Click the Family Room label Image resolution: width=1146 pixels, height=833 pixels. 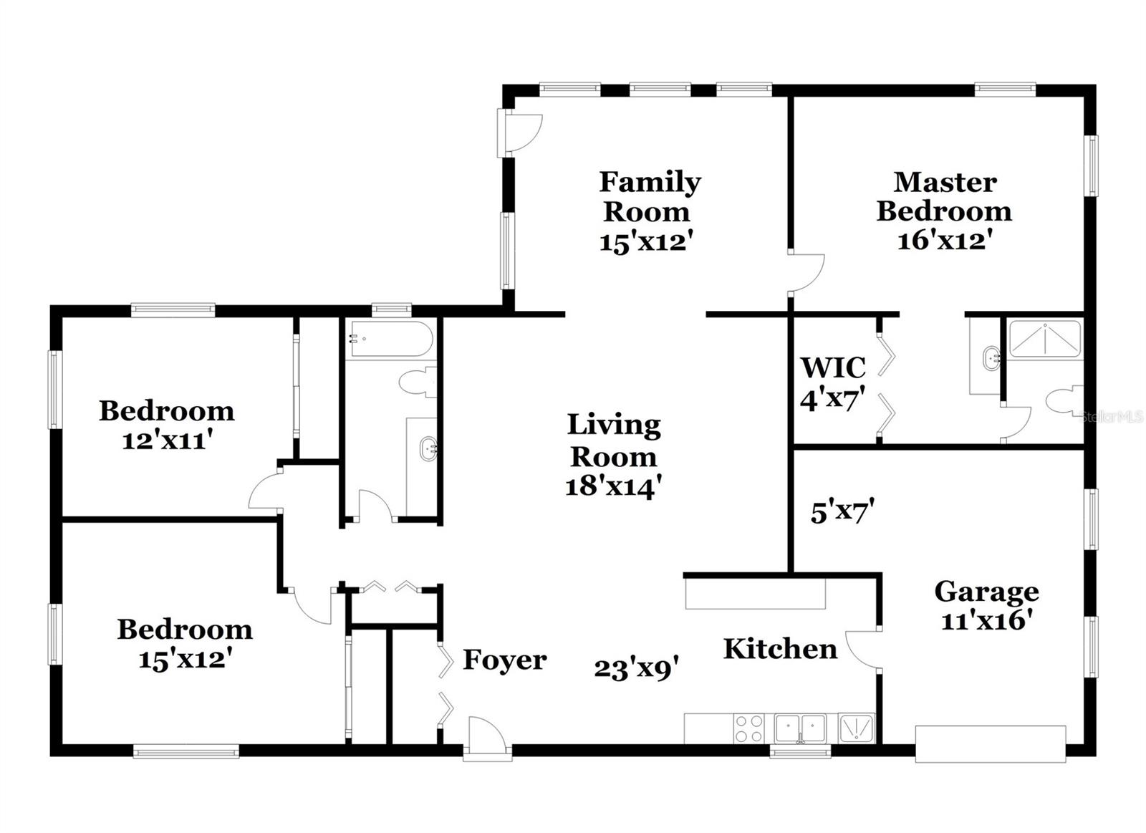coord(650,196)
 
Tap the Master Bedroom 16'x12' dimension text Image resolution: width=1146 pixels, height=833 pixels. coord(944,240)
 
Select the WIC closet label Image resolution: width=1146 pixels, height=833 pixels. coord(833,367)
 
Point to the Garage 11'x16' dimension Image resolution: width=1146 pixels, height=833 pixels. coord(986,620)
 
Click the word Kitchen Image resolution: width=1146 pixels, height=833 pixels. coord(780,649)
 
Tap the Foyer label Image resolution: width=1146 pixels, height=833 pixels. coord(504,660)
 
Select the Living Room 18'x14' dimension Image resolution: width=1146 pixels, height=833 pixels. coord(612,487)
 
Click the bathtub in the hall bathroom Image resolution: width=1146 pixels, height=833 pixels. coord(390,339)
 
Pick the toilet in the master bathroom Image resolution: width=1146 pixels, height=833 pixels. coord(1066,400)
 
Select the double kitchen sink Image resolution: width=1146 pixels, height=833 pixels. coord(801,728)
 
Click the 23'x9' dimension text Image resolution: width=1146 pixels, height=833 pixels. coord(636,669)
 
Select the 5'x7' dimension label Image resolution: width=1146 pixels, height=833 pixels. coord(842,513)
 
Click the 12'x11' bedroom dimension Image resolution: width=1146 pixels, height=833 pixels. coord(168,440)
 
